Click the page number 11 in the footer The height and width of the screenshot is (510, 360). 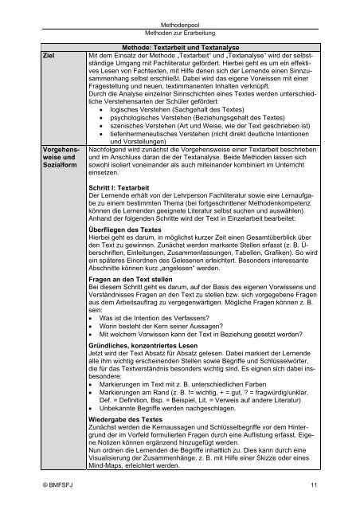[x=315, y=483]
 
